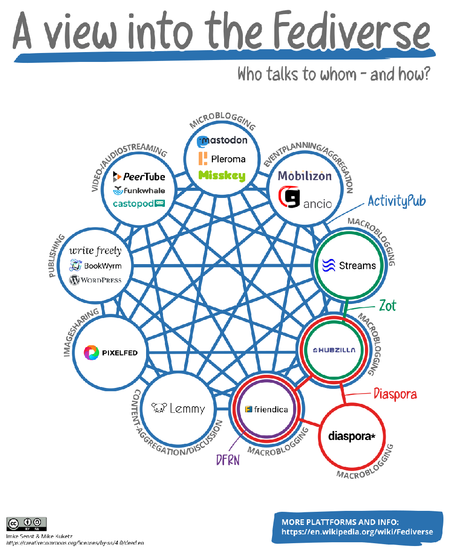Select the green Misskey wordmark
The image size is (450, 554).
click(x=222, y=176)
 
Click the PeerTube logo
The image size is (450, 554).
click(x=140, y=176)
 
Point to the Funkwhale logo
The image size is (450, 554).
click(x=140, y=190)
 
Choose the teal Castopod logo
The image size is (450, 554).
click(x=140, y=204)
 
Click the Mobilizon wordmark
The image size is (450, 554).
click(x=305, y=176)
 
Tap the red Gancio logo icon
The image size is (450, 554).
click(x=289, y=197)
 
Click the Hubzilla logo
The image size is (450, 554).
click(x=334, y=350)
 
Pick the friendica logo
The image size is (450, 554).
click(x=267, y=409)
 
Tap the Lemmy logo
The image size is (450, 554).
click(x=178, y=409)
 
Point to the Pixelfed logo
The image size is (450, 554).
click(x=111, y=352)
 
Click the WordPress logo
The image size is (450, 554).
click(x=95, y=281)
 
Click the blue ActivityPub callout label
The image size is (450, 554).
click(x=397, y=201)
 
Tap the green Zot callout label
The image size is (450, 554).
click(x=388, y=306)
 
